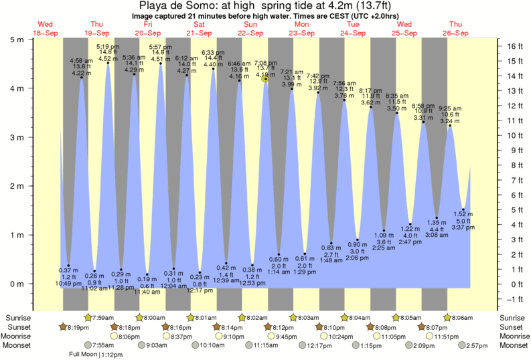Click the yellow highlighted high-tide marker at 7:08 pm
[266, 78]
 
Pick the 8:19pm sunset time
[78, 327]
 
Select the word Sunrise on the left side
[18, 317]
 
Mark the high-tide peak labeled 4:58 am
[82, 78]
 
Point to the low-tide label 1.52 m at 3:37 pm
[463, 221]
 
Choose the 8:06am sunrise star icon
[447, 317]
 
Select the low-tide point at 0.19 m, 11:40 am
[147, 274]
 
